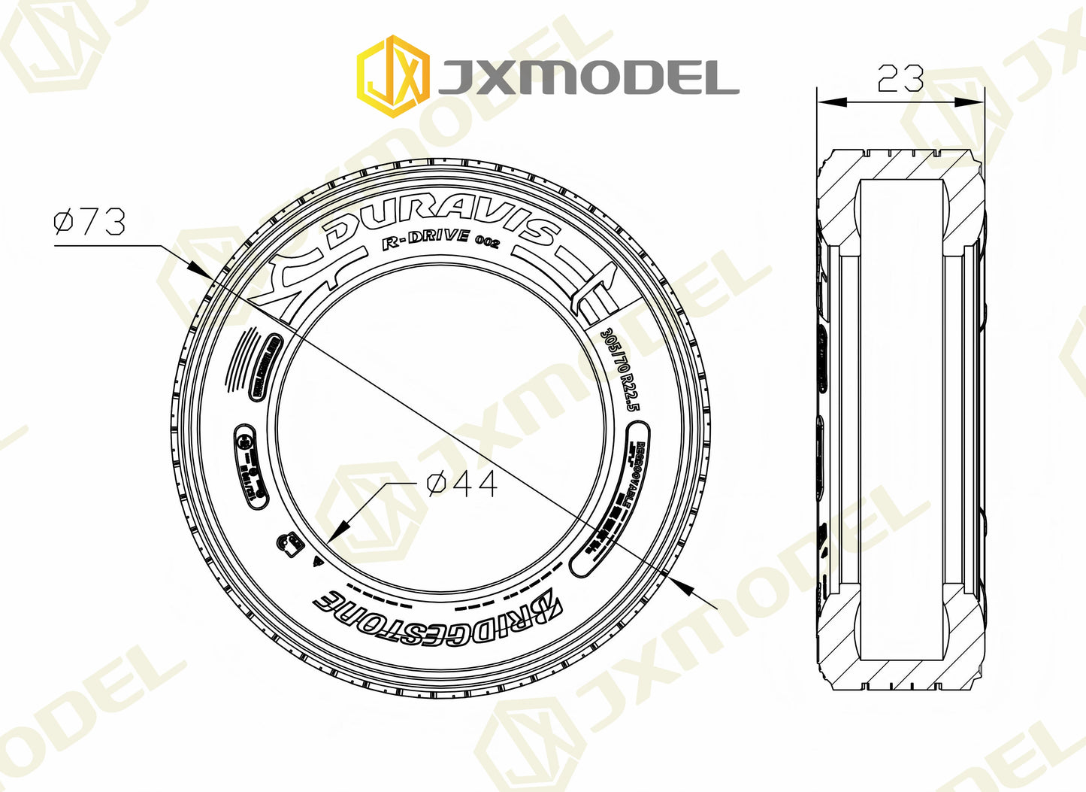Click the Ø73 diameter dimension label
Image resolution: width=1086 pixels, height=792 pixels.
point(89,222)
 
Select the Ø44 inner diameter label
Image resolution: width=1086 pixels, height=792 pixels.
point(461,484)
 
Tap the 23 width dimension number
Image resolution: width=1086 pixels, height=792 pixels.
point(900,78)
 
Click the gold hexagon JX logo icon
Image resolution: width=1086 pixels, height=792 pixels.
point(392,77)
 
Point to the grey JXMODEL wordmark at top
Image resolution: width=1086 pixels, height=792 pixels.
point(588,77)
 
